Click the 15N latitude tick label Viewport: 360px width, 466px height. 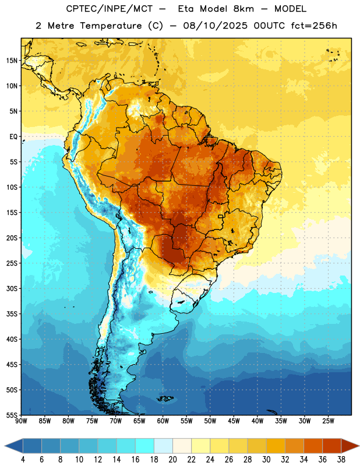[x=12, y=61]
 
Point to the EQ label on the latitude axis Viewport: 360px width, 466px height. [x=13, y=137]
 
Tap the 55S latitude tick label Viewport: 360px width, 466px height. [x=12, y=415]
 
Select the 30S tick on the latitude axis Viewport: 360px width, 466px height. [x=12, y=288]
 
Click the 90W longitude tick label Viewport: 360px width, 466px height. [x=22, y=421]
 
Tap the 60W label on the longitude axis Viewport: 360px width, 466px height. [x=163, y=421]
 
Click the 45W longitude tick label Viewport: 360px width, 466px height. [x=234, y=421]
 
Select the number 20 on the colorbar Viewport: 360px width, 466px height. [x=172, y=460]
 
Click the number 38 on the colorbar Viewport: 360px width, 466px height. [x=341, y=460]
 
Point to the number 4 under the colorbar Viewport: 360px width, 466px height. [x=23, y=460]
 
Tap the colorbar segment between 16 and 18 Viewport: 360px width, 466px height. [x=144, y=446]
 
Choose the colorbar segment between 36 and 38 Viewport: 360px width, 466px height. [x=332, y=446]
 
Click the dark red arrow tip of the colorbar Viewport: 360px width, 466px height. [x=358, y=446]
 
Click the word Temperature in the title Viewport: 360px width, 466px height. [x=111, y=26]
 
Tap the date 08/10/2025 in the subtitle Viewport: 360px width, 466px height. [x=215, y=26]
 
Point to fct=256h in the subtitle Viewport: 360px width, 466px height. [x=314, y=26]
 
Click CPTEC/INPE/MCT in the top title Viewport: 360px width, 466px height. [x=109, y=9]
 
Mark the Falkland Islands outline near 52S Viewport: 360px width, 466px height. [x=165, y=398]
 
